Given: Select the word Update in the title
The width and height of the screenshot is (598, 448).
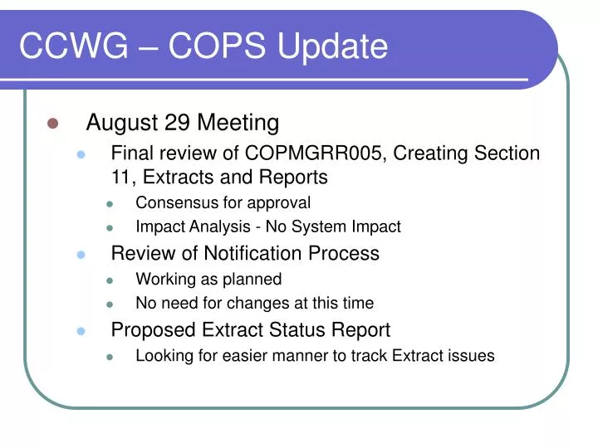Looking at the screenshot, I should pos(332,46).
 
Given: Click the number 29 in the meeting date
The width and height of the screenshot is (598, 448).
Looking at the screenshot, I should pos(178,123).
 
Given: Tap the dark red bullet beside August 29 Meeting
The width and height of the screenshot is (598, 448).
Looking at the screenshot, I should pos(53,124).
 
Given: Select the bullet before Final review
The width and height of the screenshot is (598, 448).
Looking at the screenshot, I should pos(81,154).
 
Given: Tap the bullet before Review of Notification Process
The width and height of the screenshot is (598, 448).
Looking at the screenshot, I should pos(81,254).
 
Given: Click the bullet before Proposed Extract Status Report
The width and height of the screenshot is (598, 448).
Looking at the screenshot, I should pos(81,330).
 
